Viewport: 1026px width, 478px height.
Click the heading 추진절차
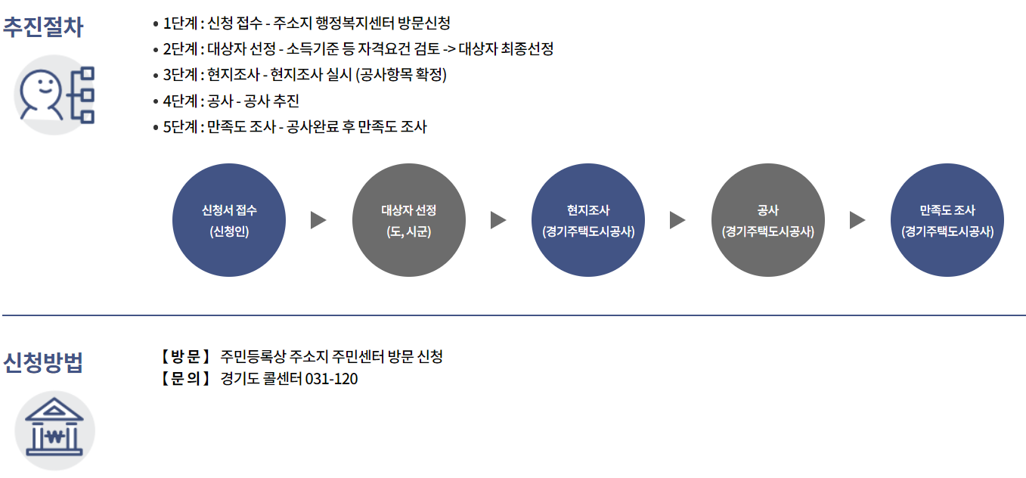[43, 27]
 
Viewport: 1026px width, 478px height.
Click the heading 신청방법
[43, 363]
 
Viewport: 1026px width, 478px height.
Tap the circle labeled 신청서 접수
[229, 220]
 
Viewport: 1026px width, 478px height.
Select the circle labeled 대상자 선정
[409, 220]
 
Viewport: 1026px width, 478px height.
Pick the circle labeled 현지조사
[588, 220]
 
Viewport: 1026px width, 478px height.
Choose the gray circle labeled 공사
[768, 220]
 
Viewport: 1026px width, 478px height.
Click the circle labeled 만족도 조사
[947, 220]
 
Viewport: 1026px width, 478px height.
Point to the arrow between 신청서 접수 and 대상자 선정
[318, 220]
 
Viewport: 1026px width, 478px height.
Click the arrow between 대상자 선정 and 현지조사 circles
[498, 220]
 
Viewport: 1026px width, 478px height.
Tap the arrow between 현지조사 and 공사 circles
[677, 220]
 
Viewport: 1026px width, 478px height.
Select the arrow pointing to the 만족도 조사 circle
[857, 220]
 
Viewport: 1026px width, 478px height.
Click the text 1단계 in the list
[180, 23]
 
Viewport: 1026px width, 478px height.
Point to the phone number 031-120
[331, 379]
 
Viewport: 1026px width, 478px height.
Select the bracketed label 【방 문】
[184, 356]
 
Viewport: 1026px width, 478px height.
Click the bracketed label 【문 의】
[184, 379]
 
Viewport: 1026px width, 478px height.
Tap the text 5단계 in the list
[180, 127]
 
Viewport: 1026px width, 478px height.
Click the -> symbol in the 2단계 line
[448, 49]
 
